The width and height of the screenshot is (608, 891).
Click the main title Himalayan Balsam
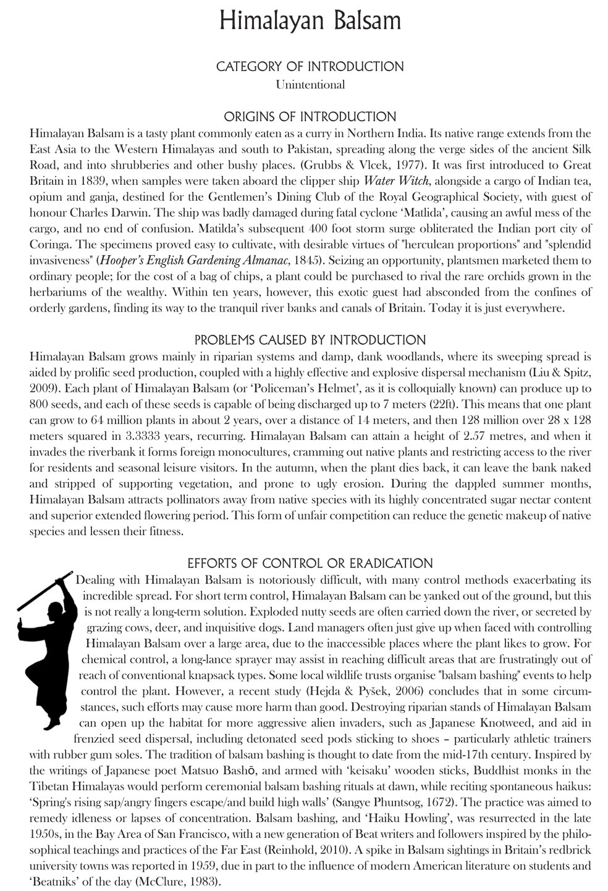(310, 22)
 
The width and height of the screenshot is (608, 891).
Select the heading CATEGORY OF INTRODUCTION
(310, 66)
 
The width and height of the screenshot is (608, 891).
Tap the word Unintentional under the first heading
(310, 84)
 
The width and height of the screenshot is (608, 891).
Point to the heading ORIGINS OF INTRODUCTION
(310, 117)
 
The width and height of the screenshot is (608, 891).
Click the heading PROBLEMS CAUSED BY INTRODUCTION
(310, 340)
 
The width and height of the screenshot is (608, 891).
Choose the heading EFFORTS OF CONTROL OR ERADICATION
(310, 563)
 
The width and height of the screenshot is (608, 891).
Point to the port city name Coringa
(51, 245)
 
